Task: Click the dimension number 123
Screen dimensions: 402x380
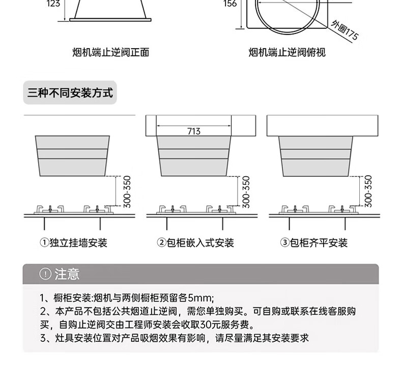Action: click(x=53, y=4)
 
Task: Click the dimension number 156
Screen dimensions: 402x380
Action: click(x=229, y=4)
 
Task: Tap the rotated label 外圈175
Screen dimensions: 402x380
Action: click(x=344, y=30)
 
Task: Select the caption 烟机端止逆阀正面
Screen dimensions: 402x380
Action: click(x=110, y=52)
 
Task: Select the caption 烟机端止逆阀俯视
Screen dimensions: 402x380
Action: click(x=287, y=52)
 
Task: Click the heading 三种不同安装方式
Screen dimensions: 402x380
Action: click(x=70, y=93)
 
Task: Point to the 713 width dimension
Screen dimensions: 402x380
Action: click(x=194, y=132)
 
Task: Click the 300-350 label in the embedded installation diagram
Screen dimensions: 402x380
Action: click(x=246, y=191)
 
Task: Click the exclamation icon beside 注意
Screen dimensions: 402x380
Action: click(x=45, y=274)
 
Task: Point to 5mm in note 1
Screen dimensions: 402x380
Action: click(x=204, y=298)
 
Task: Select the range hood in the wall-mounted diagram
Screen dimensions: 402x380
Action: click(x=72, y=155)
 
